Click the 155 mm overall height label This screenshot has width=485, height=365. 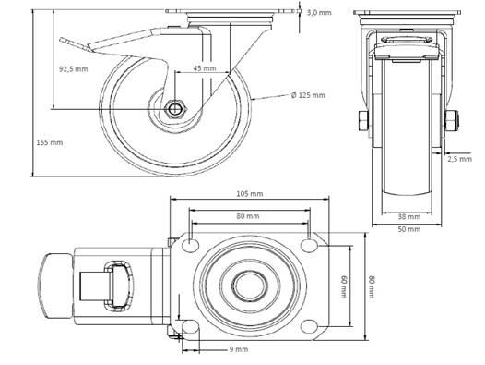click(x=50, y=142)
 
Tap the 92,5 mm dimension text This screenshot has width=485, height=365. click(x=74, y=69)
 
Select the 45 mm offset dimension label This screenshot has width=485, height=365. click(x=205, y=68)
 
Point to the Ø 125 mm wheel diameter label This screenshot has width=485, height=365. click(x=308, y=95)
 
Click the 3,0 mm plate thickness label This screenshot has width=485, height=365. click(x=319, y=13)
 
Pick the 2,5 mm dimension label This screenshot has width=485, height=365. click(x=459, y=159)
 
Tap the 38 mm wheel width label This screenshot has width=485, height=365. click(x=408, y=216)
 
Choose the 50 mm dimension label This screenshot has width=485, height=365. click(x=408, y=229)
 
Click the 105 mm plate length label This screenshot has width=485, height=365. click(x=250, y=194)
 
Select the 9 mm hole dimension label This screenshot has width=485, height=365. click(x=239, y=349)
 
